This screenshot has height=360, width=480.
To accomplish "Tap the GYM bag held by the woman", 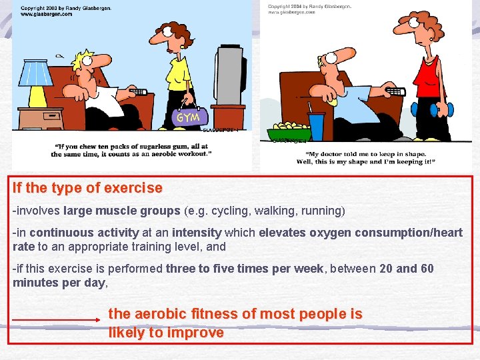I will (186, 117).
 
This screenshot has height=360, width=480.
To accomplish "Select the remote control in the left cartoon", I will (137, 92).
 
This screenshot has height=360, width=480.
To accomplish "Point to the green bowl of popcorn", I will (287, 131).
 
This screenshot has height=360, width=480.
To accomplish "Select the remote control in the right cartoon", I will (395, 91).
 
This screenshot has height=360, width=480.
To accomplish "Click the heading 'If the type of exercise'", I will (87, 188).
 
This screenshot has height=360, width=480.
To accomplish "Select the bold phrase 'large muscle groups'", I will (122, 211).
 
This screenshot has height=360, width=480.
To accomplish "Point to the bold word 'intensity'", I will (197, 233).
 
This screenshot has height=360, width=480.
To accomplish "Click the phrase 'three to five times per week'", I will (245, 269).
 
